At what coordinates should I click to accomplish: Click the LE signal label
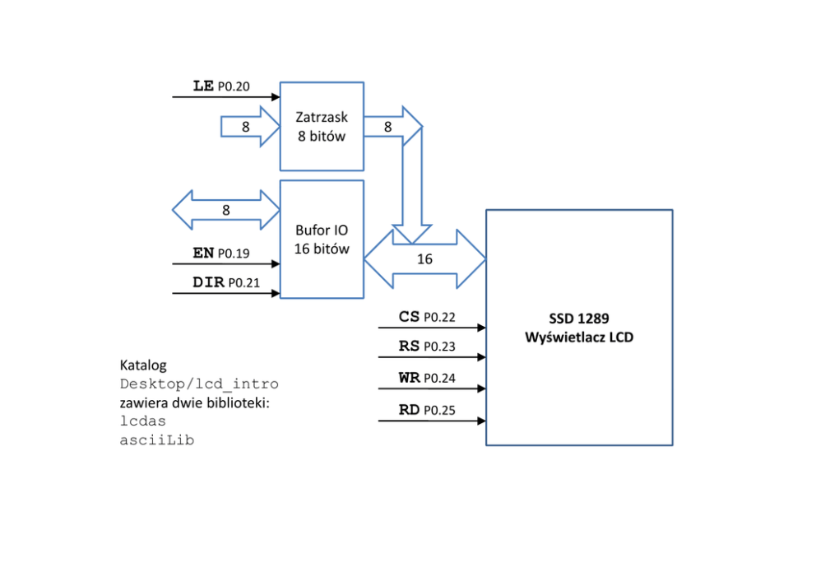click(203, 86)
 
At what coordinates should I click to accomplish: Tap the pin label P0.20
click(234, 86)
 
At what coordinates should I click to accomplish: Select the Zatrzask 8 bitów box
click(322, 126)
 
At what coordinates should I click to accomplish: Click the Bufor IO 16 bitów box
click(322, 239)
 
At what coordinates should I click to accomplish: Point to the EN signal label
click(203, 253)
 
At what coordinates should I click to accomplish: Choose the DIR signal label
click(208, 282)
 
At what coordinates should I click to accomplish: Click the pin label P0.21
click(244, 283)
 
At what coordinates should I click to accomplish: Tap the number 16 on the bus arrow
click(424, 258)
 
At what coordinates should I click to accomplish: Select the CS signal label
click(409, 317)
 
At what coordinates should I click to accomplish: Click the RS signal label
click(409, 346)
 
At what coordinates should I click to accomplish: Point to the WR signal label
click(409, 378)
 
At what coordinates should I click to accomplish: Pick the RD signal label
click(409, 410)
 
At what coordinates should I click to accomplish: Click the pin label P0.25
click(440, 411)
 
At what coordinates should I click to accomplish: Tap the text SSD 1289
click(579, 319)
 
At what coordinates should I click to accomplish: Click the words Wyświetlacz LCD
click(579, 337)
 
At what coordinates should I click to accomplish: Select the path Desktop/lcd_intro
click(199, 384)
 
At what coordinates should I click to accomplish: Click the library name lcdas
click(142, 421)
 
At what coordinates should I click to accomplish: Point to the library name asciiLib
click(156, 440)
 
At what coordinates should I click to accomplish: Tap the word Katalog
click(143, 365)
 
